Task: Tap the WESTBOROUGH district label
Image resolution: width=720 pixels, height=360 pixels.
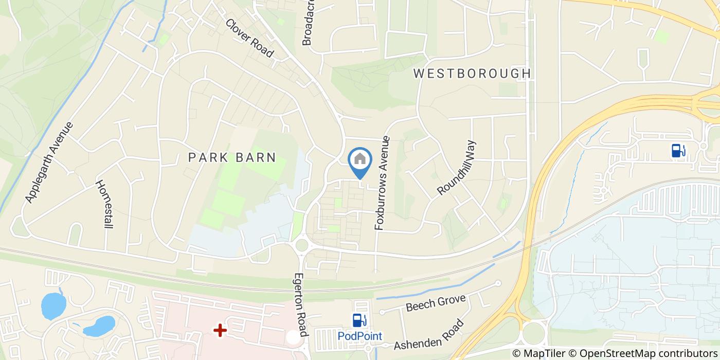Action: click(472, 74)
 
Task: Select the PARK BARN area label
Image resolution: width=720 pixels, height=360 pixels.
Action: click(232, 157)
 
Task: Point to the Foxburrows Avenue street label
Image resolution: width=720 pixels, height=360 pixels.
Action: click(383, 183)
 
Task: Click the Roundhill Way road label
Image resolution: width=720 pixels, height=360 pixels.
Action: click(457, 168)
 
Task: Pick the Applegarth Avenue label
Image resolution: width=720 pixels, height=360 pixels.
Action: click(49, 163)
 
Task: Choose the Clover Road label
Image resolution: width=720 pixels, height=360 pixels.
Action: click(249, 38)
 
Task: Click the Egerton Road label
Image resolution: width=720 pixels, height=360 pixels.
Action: click(300, 304)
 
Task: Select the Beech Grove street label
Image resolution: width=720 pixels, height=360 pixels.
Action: click(435, 303)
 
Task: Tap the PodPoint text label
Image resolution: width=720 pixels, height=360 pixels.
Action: click(359, 336)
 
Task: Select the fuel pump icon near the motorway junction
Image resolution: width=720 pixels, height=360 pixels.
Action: click(678, 150)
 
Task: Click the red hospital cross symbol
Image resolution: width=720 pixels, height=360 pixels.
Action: click(220, 330)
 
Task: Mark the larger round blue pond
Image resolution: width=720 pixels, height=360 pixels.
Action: click(53, 305)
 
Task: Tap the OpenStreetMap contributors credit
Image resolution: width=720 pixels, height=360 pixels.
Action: click(649, 353)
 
